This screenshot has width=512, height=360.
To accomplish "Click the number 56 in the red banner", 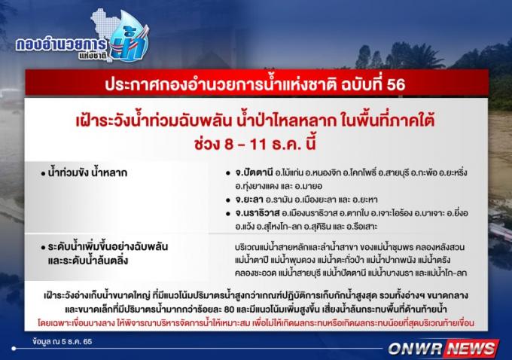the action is click(x=396, y=84).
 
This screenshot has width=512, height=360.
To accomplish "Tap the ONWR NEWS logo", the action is click(x=443, y=348).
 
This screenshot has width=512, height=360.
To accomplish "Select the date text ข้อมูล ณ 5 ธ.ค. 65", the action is click(x=62, y=342).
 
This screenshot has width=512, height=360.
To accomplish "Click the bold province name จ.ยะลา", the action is click(x=248, y=200).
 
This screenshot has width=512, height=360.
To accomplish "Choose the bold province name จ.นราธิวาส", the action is click(x=258, y=213).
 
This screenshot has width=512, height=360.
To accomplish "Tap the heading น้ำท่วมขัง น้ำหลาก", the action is click(x=87, y=172).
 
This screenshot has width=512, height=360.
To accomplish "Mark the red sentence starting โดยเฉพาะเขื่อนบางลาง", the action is click(x=256, y=323).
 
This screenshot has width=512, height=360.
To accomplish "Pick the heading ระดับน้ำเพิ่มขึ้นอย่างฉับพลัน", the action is click(x=108, y=246).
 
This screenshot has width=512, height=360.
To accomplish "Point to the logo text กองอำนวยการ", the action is click(x=62, y=44).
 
